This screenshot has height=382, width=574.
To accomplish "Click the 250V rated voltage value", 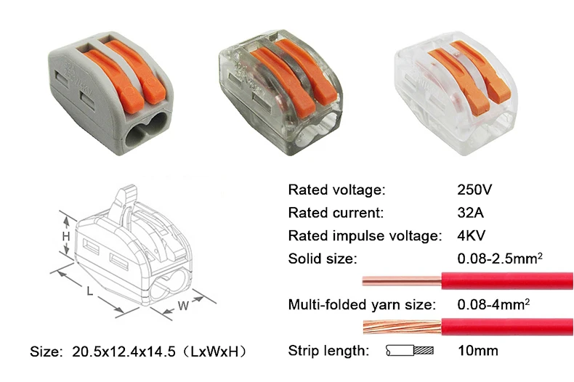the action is pyautogui.click(x=474, y=190).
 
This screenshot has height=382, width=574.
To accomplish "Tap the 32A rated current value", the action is pyautogui.click(x=470, y=213).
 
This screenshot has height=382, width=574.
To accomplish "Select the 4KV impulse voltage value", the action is pyautogui.click(x=471, y=235).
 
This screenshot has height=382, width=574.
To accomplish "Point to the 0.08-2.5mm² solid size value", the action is pyautogui.click(x=500, y=258).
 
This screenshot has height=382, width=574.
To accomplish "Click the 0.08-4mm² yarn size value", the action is pyautogui.click(x=493, y=304).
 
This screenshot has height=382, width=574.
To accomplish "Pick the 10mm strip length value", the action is pyautogui.click(x=477, y=351).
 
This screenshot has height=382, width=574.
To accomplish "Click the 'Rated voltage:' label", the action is pyautogui.click(x=337, y=190).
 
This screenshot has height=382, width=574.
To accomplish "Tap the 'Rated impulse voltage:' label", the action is pyautogui.click(x=365, y=236).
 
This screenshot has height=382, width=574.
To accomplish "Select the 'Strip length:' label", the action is pyautogui.click(x=328, y=351).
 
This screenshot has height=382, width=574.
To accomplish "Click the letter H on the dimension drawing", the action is pyautogui.click(x=66, y=236).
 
